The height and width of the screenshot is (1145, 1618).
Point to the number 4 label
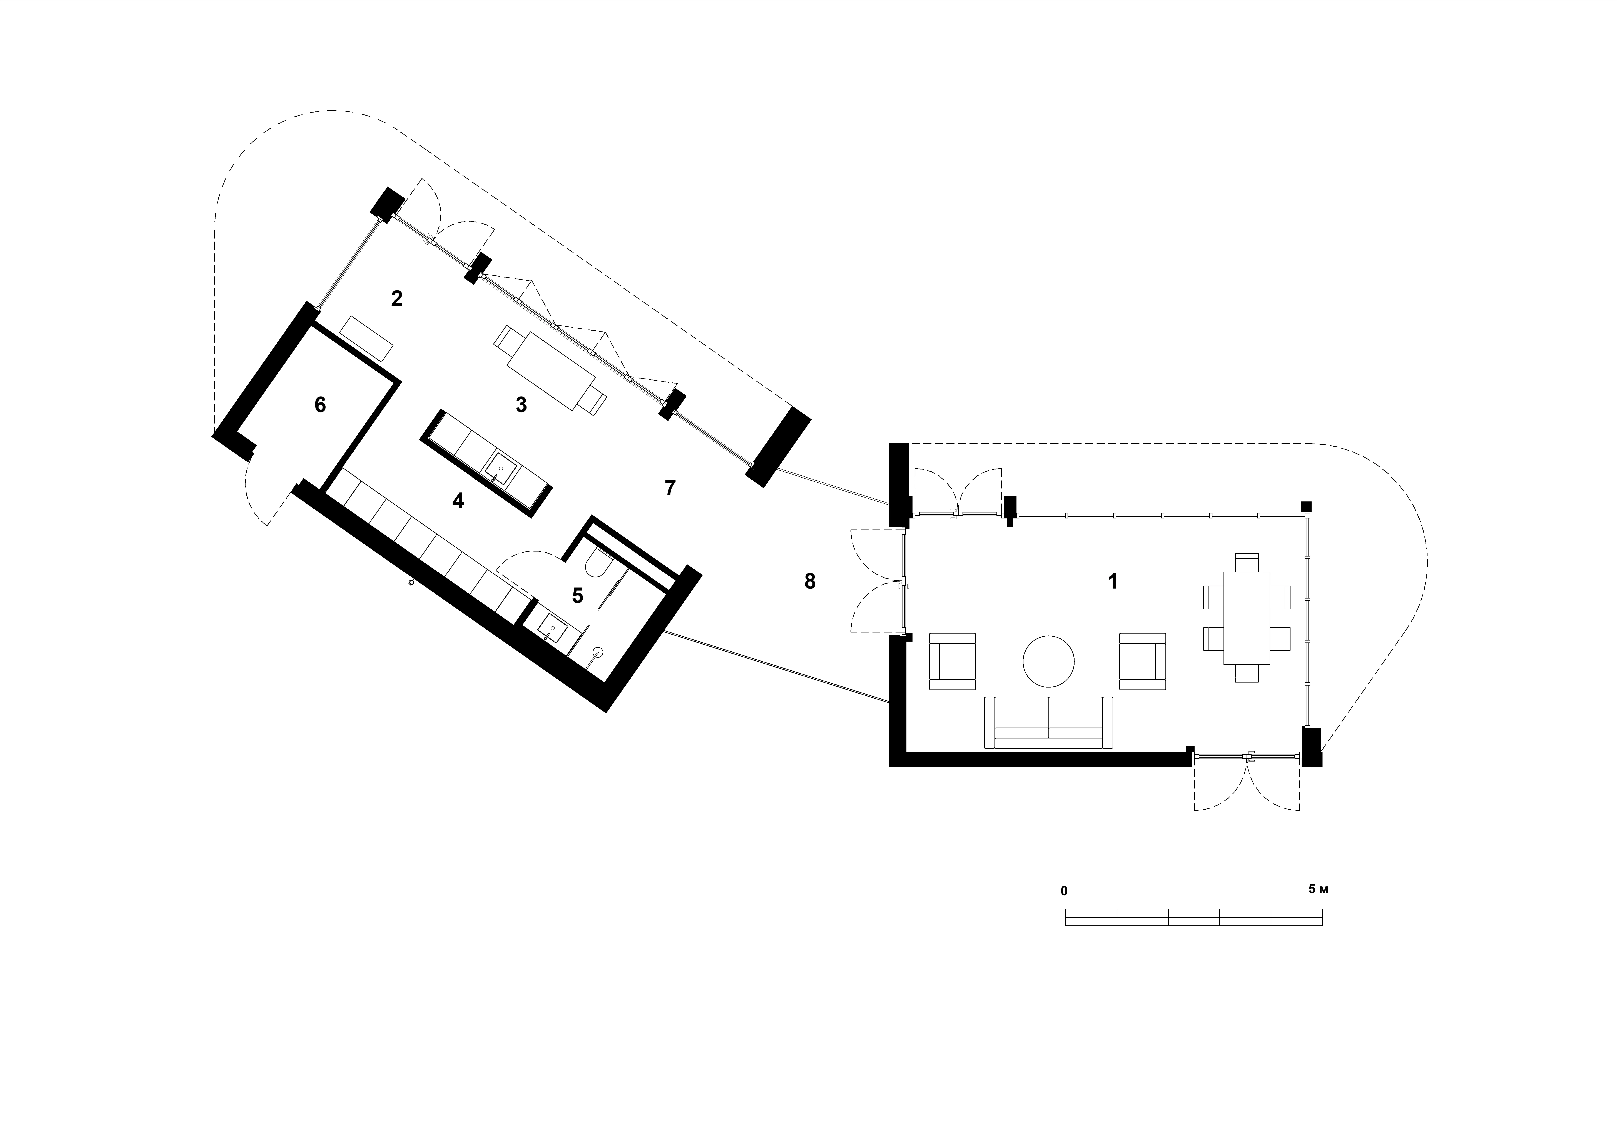[458, 501]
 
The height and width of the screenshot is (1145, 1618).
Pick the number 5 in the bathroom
[578, 596]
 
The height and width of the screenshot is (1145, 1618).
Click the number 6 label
[320, 405]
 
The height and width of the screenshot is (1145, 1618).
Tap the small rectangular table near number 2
[366, 339]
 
